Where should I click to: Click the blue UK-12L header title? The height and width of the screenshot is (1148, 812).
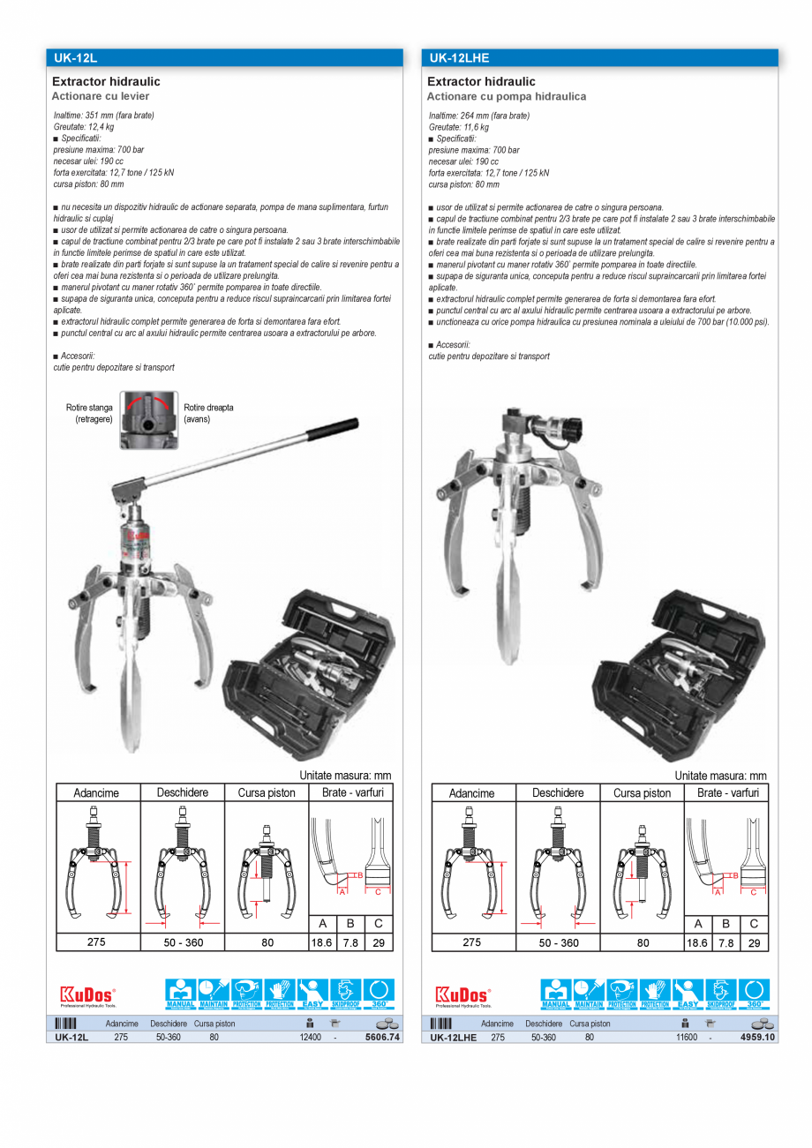click(75, 58)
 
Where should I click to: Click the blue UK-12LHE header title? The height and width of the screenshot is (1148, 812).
click(458, 58)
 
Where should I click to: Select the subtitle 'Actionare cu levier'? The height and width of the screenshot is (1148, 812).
click(101, 96)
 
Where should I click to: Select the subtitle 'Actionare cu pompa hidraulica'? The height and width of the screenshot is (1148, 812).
click(507, 96)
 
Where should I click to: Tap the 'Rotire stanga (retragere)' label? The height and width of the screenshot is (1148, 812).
click(89, 414)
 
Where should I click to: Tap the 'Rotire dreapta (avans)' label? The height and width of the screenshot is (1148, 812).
click(208, 414)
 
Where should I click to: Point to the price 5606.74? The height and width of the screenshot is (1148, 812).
click(382, 1038)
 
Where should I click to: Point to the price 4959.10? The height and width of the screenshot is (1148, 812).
click(757, 1038)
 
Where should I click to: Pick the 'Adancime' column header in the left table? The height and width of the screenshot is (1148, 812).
click(96, 792)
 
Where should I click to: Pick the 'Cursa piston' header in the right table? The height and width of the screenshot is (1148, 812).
click(642, 792)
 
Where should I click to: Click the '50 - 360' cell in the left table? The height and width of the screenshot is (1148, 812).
click(182, 942)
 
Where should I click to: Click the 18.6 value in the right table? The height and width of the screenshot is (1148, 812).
click(697, 942)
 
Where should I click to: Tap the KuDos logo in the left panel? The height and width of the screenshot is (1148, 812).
click(87, 994)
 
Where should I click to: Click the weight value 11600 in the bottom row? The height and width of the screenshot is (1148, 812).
click(687, 1038)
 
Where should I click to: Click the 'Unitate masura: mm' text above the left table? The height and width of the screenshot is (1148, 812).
click(345, 776)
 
